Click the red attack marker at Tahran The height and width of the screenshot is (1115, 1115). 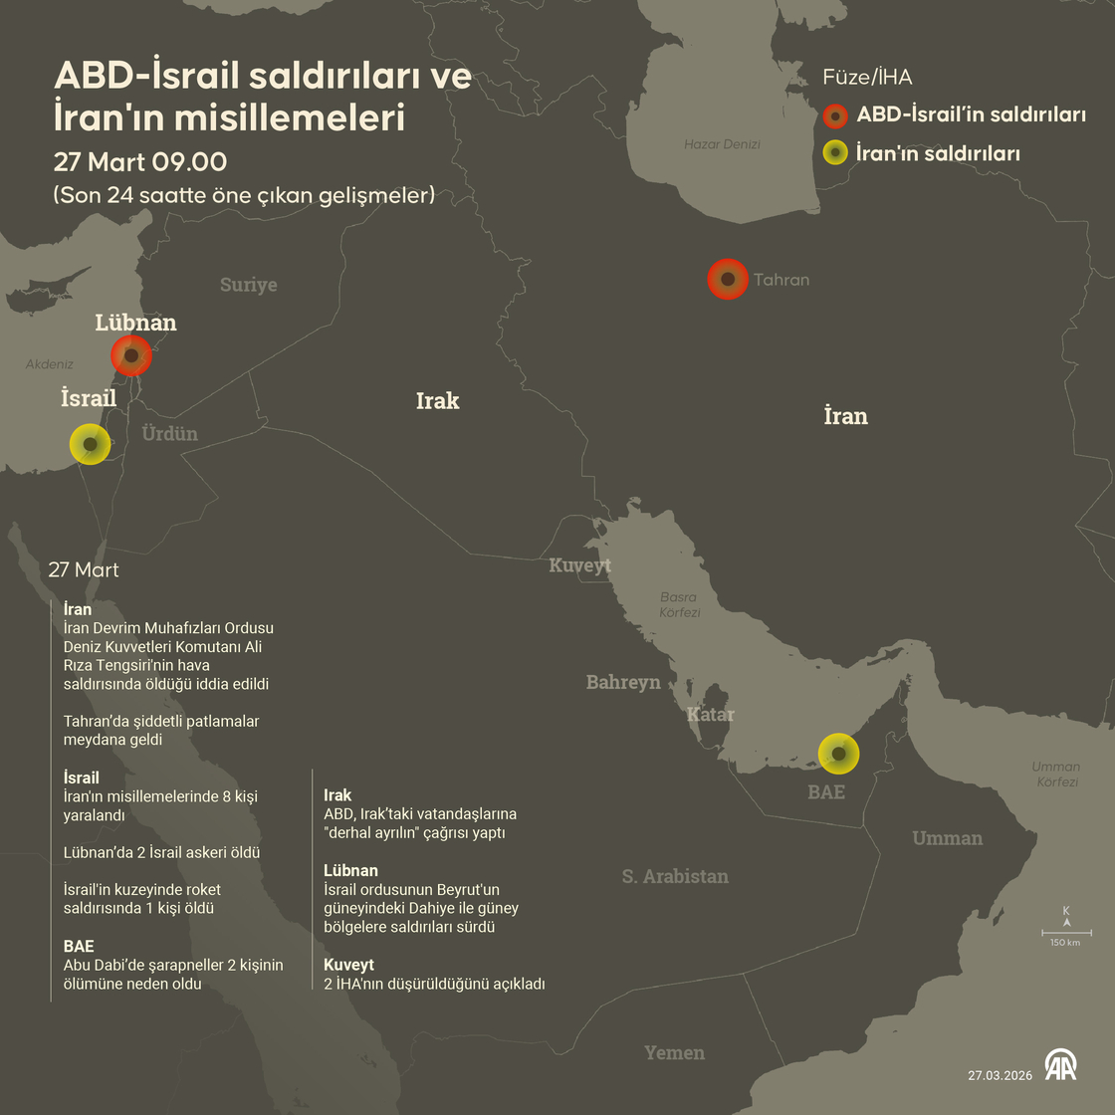pyautogui.click(x=728, y=280)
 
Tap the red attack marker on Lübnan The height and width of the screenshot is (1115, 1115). pyautogui.click(x=131, y=355)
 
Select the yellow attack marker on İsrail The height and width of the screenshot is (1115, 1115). pyautogui.click(x=90, y=444)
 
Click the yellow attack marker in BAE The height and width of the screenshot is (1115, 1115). pyautogui.click(x=838, y=755)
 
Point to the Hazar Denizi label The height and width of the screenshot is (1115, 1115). pyautogui.click(x=722, y=144)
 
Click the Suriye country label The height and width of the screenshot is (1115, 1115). pyautogui.click(x=248, y=285)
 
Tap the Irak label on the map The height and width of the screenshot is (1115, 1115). pyautogui.click(x=438, y=400)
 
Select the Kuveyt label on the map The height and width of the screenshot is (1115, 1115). pyautogui.click(x=580, y=565)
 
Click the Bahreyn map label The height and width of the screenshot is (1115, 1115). pyautogui.click(x=623, y=682)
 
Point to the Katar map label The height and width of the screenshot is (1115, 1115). pyautogui.click(x=711, y=714)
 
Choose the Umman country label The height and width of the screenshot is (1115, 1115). pyautogui.click(x=947, y=838)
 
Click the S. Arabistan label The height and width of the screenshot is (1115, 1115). pyautogui.click(x=675, y=876)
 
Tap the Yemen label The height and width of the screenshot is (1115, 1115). pyautogui.click(x=674, y=1052)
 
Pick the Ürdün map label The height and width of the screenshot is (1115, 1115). pyautogui.click(x=169, y=433)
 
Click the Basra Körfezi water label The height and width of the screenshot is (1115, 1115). pyautogui.click(x=679, y=605)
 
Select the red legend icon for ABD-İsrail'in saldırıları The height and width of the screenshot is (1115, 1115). pyautogui.click(x=835, y=115)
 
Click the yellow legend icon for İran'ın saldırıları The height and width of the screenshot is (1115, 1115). pyautogui.click(x=835, y=153)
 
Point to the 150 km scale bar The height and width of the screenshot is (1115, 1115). pyautogui.click(x=1066, y=934)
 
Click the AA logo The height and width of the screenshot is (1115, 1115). pyautogui.click(x=1061, y=1065)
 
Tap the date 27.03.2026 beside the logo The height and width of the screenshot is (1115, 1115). pyautogui.click(x=1000, y=1075)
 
